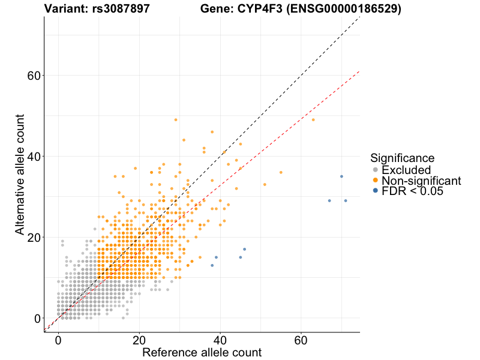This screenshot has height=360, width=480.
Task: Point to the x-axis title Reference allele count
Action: click(202, 352)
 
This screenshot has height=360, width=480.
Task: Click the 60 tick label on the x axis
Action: click(301, 340)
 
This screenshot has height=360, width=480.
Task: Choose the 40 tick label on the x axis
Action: click(220, 340)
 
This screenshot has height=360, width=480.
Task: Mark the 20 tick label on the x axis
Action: click(139, 340)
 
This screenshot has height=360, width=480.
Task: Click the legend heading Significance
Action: click(402, 158)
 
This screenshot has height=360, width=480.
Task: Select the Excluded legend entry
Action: click(406, 170)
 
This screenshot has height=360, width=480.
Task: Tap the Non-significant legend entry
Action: click(421, 181)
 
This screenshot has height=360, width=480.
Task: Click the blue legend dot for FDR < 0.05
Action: click(376, 191)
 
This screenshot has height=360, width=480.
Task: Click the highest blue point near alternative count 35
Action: click(341, 176)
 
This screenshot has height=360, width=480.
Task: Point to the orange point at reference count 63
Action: click(313, 120)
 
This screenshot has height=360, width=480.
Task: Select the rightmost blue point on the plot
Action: click(346, 200)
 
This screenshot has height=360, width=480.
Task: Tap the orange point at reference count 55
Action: click(281, 172)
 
